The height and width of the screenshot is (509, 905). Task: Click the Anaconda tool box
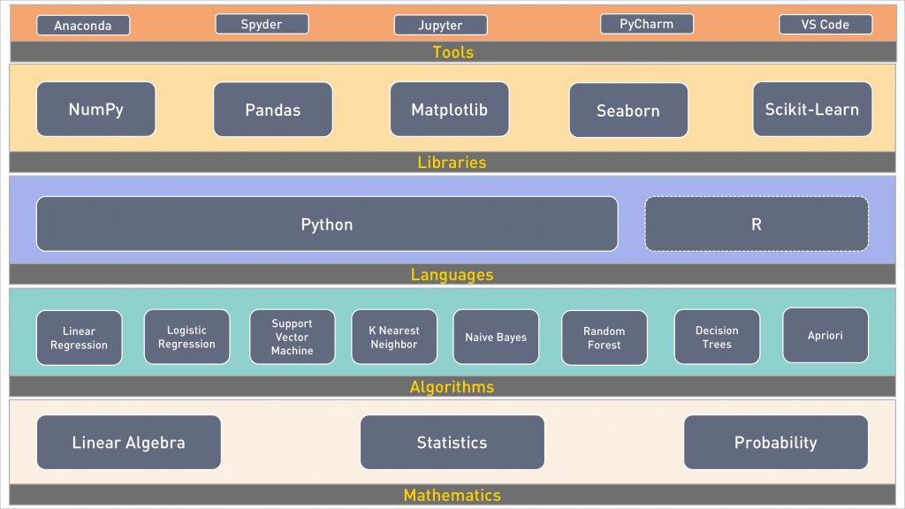[x=83, y=26]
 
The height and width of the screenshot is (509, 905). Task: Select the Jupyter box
[x=440, y=25]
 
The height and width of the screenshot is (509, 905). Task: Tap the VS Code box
[x=825, y=24]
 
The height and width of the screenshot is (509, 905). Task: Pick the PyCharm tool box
[x=646, y=24]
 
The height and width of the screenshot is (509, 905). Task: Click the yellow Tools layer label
[x=453, y=52]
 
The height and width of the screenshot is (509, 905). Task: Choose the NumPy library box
[x=95, y=109]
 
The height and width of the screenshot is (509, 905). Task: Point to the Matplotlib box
[x=450, y=109]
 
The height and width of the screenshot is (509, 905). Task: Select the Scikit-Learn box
[x=812, y=109]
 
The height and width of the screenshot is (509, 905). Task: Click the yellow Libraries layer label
[x=452, y=163]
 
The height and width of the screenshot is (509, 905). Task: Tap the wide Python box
[x=327, y=224]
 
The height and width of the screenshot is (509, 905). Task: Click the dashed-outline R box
[x=757, y=224]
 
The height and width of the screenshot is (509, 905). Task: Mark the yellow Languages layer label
[x=452, y=275]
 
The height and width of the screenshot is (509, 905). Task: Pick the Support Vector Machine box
[x=292, y=337]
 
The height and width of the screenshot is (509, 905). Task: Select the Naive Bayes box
[x=496, y=337]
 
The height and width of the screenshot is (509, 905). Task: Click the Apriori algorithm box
[x=825, y=335]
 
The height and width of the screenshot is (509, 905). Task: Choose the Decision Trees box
[x=717, y=337]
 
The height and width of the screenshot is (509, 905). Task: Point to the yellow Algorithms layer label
[x=452, y=387]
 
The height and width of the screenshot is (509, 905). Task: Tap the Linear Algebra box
[x=129, y=442]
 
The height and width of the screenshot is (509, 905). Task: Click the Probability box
[x=776, y=442]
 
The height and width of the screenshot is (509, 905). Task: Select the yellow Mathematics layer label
[x=452, y=495]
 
